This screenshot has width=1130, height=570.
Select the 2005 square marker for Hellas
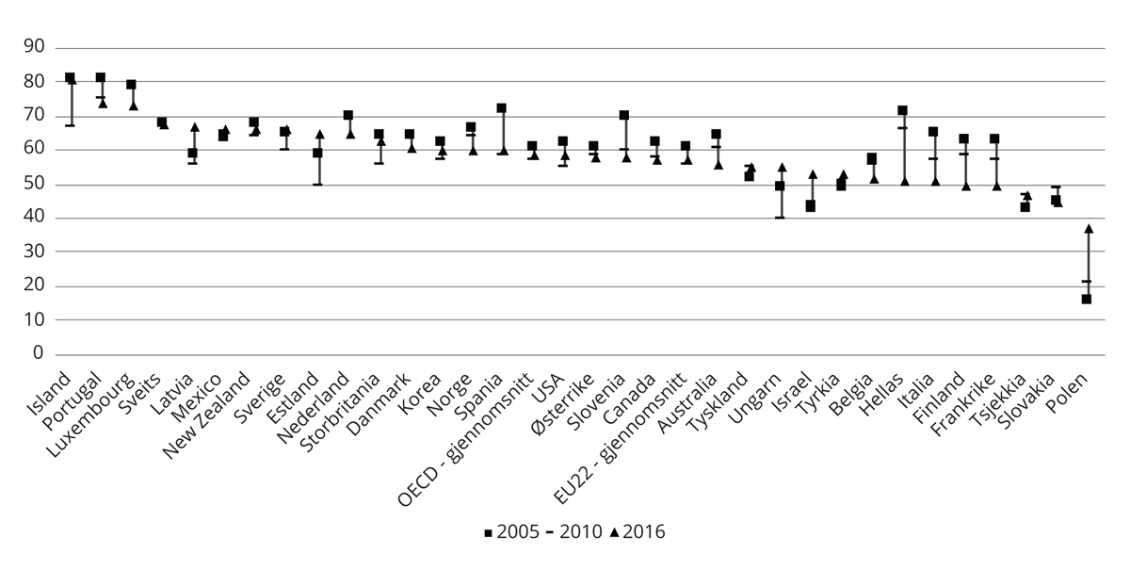pyautogui.click(x=902, y=110)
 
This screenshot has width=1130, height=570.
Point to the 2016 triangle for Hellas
pyautogui.click(x=905, y=181)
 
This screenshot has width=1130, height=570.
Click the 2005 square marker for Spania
pyautogui.click(x=502, y=108)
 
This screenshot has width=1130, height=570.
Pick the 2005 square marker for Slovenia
pyautogui.click(x=624, y=115)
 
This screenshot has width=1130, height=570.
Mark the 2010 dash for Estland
pyautogui.click(x=318, y=184)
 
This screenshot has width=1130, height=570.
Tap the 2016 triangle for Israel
pyautogui.click(x=813, y=174)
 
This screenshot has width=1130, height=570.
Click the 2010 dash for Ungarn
pyautogui.click(x=780, y=218)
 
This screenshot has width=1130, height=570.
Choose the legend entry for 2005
pyautogui.click(x=509, y=532)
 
